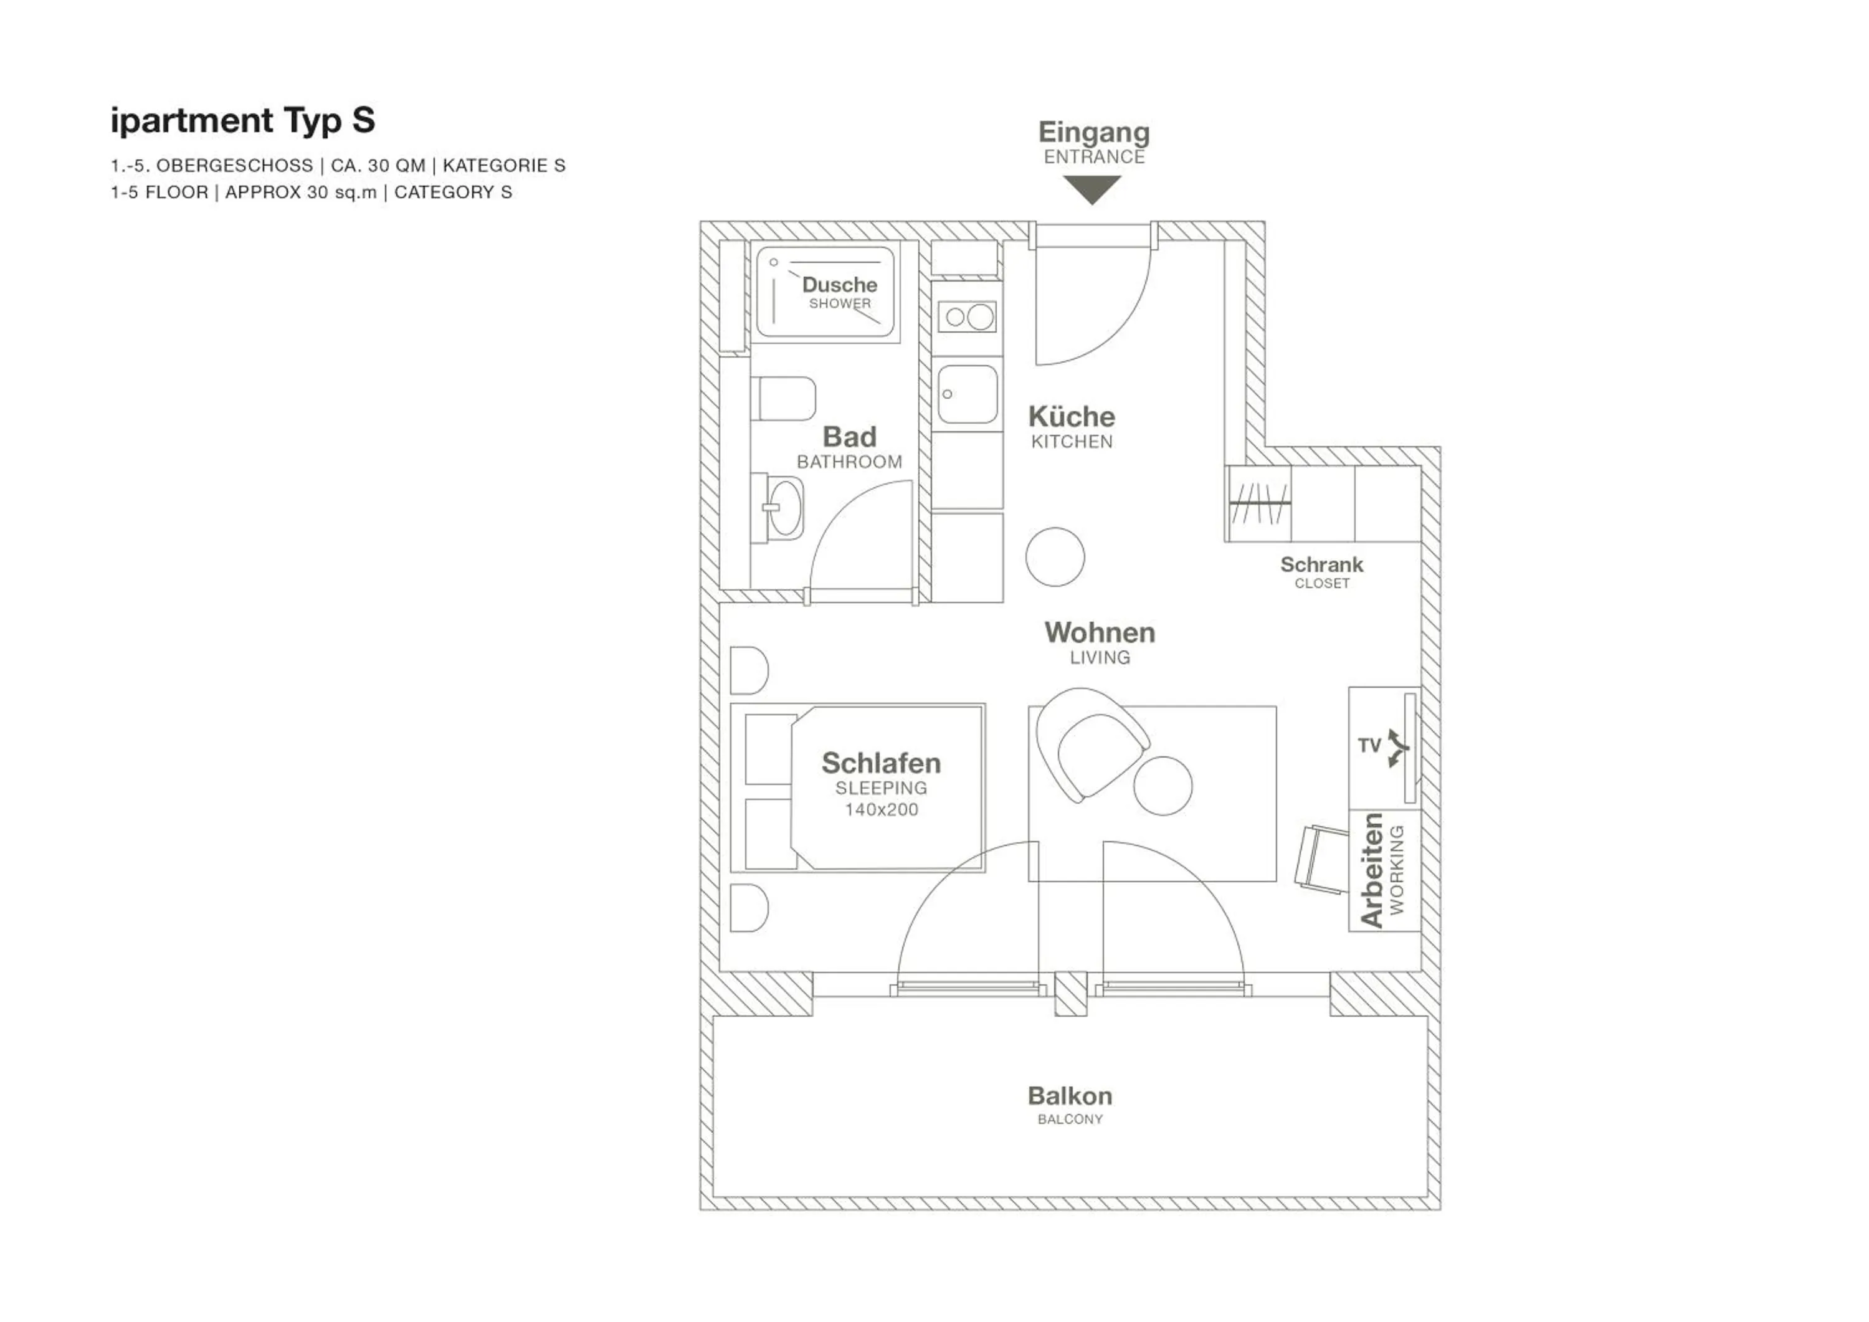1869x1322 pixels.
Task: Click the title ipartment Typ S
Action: pyautogui.click(x=242, y=120)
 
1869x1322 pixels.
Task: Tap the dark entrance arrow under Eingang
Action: pyautogui.click(x=1091, y=189)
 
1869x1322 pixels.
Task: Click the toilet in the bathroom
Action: pyautogui.click(x=783, y=398)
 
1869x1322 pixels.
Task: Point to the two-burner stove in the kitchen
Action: pyautogui.click(x=967, y=316)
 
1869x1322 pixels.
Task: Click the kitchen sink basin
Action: pyautogui.click(x=967, y=394)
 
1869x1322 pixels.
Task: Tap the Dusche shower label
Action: pyautogui.click(x=839, y=285)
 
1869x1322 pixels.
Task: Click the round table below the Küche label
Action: pyautogui.click(x=1055, y=557)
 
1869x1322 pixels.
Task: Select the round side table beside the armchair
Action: pyautogui.click(x=1163, y=786)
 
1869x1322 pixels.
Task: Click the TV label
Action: pyautogui.click(x=1369, y=746)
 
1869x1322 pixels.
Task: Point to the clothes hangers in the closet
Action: pyautogui.click(x=1258, y=504)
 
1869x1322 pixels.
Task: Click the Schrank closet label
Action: pyautogui.click(x=1321, y=565)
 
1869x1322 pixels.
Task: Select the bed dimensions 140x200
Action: pyautogui.click(x=881, y=810)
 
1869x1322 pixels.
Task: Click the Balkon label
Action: pyautogui.click(x=1070, y=1096)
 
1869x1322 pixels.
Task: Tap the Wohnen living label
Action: pyautogui.click(x=1100, y=632)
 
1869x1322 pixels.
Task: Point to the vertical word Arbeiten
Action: pyautogui.click(x=1372, y=870)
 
